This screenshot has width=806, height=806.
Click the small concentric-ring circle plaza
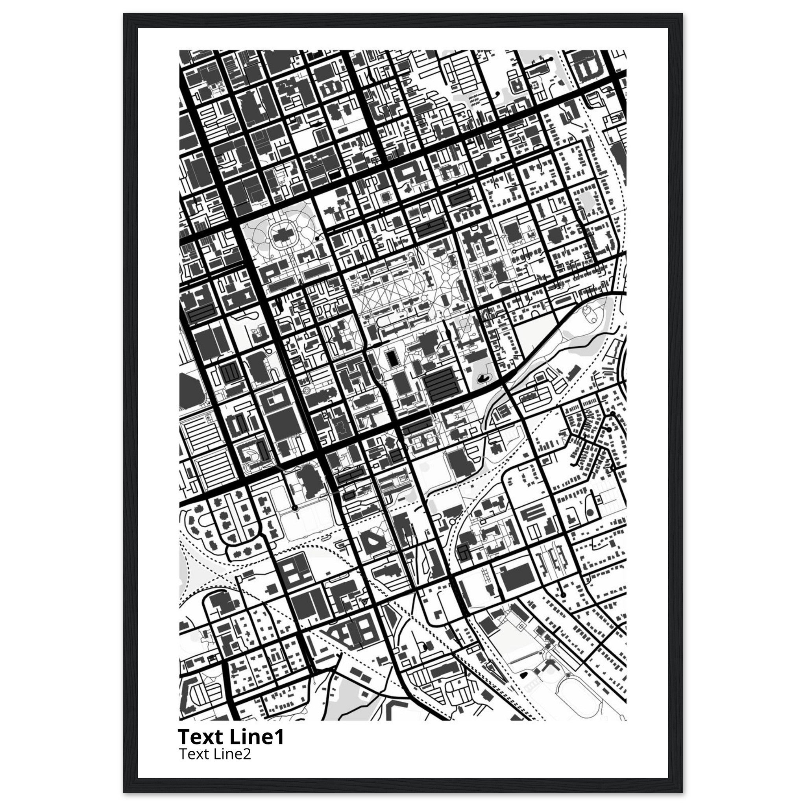click(x=307, y=390)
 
